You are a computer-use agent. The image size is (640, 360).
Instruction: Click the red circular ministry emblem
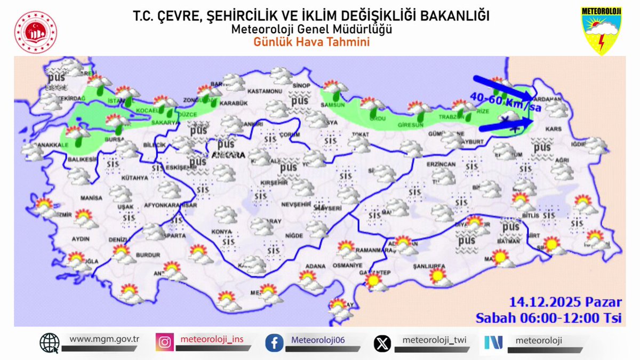click(36, 31)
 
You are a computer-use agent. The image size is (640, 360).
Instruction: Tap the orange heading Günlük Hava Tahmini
click(311, 42)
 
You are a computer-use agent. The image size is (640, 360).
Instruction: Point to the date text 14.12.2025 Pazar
click(565, 302)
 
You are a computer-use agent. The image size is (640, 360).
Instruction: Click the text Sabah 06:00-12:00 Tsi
click(549, 318)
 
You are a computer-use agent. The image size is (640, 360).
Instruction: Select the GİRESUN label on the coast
click(410, 125)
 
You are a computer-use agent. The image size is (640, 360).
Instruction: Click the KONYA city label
click(221, 232)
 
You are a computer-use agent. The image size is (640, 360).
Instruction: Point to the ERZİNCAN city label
click(441, 164)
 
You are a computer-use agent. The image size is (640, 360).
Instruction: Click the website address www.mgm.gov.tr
click(104, 339)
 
